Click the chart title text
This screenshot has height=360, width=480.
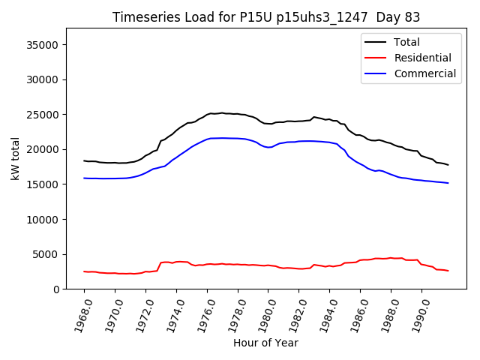tap(266, 17)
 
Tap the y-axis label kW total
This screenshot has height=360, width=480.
tap(15, 159)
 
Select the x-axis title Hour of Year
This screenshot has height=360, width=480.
tap(265, 343)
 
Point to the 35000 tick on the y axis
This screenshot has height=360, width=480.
tap(43, 45)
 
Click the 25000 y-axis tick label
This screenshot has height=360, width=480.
tap(43, 115)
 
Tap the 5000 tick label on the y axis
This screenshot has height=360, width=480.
tap(46, 254)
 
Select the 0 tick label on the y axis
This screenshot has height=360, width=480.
tap(57, 289)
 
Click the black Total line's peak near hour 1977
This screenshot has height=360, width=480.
tap(221, 112)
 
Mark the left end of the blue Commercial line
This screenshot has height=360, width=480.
tap(84, 178)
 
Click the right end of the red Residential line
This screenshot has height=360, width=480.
tap(448, 271)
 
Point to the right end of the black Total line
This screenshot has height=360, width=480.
tap(448, 164)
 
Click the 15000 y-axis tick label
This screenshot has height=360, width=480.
tap(43, 184)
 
